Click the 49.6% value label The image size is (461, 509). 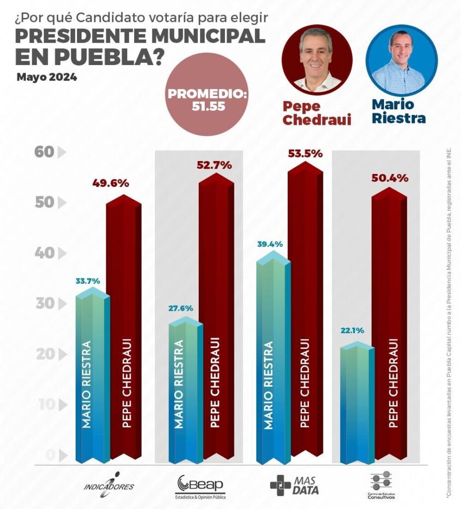(x=111, y=183)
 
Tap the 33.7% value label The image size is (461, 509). (x=88, y=281)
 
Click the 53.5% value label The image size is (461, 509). (x=305, y=154)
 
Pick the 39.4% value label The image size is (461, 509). (x=270, y=244)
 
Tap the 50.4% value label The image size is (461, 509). (x=390, y=178)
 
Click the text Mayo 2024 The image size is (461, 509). (x=47, y=78)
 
